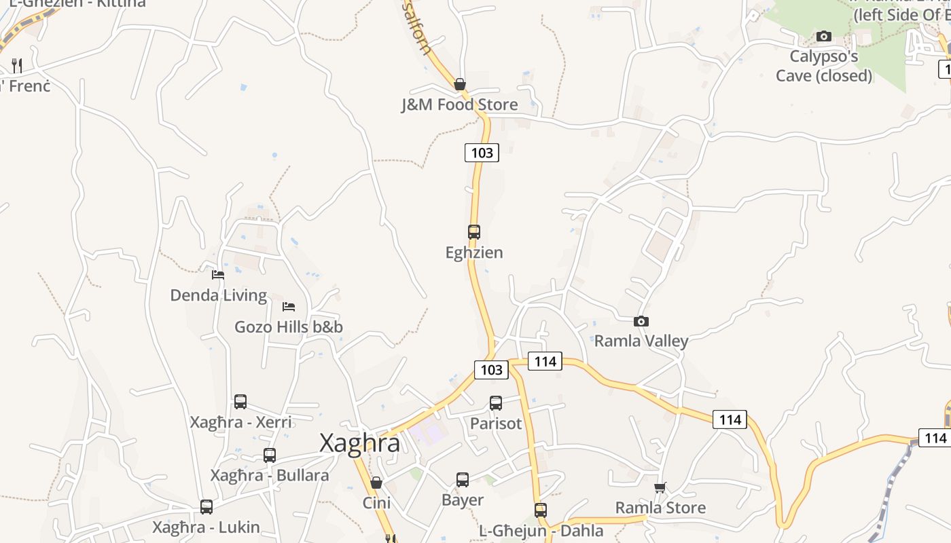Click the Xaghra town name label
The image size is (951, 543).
tap(359, 443)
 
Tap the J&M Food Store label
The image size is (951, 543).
tap(459, 105)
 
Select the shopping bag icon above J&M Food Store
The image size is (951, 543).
tap(460, 84)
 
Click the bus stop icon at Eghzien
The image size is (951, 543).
tap(474, 232)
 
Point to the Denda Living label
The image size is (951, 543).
tap(218, 295)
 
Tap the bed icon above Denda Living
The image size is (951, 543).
tap(218, 275)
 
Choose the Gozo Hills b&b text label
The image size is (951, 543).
tap(289, 327)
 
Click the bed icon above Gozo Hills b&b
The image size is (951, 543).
tap(289, 307)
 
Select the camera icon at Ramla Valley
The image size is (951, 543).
tap(641, 321)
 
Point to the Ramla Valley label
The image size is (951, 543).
tap(641, 341)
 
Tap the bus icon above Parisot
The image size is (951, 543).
tap(496, 403)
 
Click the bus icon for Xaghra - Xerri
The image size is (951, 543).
tap(240, 402)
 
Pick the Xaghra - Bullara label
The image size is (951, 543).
tap(270, 475)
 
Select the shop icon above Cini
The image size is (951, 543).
tap(376, 483)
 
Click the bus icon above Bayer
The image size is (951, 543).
tap(463, 480)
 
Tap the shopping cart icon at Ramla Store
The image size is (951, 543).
tap(660, 487)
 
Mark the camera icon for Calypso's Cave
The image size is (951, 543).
tap(824, 36)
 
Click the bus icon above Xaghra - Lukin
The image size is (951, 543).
tap(207, 507)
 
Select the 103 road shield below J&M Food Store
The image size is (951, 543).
tap(482, 153)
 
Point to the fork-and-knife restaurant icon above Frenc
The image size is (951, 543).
tap(17, 66)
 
